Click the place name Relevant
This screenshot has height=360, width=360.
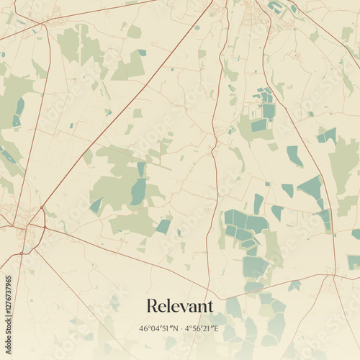coord(180,306)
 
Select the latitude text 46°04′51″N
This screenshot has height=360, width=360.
coord(158,328)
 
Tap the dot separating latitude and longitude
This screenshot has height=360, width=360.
coord(180,328)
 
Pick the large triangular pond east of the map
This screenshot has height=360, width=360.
coord(312,189)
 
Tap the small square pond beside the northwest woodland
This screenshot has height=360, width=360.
coord(142,53)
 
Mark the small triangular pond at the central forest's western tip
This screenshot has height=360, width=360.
coord(95,206)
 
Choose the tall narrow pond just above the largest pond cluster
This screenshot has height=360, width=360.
coord(258,203)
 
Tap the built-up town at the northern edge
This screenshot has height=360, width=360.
coord(253,11)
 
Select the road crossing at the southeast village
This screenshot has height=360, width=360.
coord(333,274)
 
